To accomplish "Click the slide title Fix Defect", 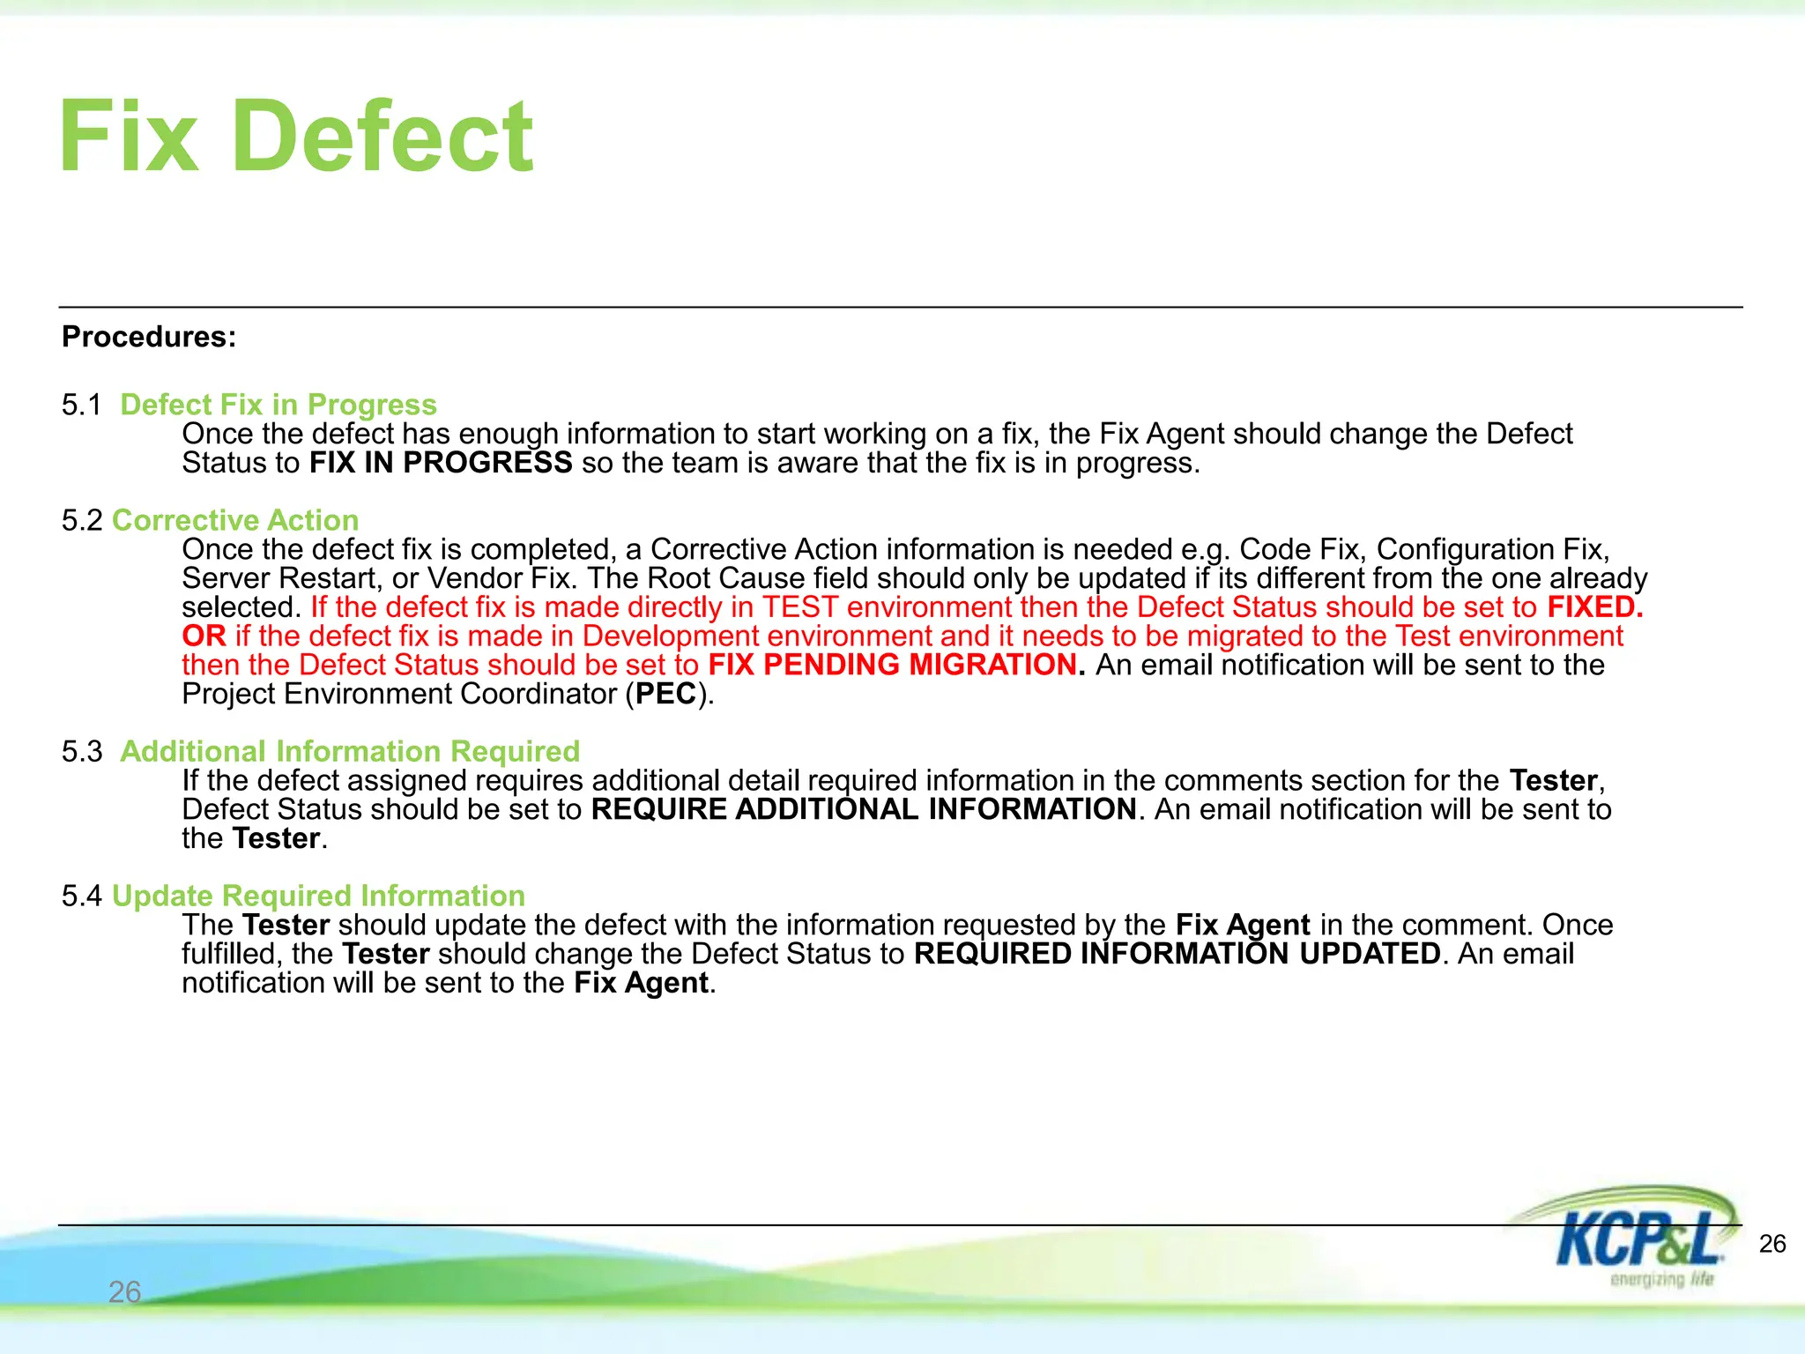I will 296,137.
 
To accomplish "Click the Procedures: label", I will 149,337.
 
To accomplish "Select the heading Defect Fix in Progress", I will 279,405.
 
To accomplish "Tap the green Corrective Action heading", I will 235,520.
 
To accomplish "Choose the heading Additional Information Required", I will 350,751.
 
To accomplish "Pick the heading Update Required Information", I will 318,896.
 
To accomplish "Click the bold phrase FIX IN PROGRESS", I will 441,463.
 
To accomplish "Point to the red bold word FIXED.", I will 1595,607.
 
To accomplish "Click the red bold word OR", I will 204,636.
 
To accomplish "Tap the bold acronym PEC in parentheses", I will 666,695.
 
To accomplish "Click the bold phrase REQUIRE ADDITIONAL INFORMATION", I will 864,809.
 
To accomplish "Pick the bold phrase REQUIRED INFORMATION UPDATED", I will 1177,954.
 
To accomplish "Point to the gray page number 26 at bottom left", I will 124,1292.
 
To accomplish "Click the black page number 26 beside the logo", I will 1772,1244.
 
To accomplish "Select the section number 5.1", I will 82,405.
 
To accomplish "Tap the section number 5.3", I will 82,751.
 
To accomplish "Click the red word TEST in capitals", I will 799,607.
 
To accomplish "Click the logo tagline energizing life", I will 1661,1279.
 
